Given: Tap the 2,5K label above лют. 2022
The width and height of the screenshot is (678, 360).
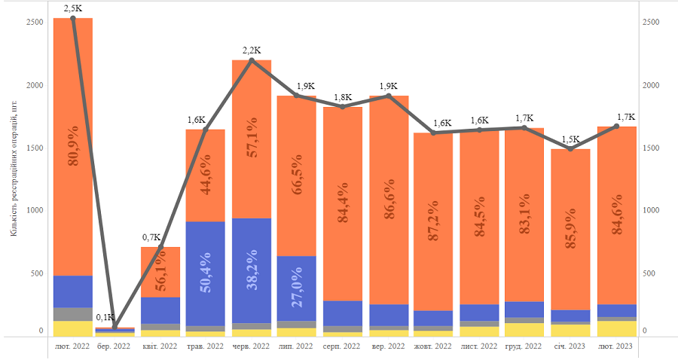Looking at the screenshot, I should tap(73, 8).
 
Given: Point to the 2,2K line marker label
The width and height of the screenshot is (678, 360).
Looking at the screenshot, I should tap(252, 50).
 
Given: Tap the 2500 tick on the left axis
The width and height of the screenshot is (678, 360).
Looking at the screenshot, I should tap(35, 22).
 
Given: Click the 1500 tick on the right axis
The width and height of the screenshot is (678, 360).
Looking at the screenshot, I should tap(650, 148).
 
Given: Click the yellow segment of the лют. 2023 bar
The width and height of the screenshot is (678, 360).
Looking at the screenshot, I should tap(616, 328).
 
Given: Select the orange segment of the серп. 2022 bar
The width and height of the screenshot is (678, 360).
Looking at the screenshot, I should tap(342, 203).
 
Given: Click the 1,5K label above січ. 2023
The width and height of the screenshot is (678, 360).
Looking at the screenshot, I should tap(570, 139).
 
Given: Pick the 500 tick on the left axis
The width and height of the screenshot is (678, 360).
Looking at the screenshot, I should tap(37, 274).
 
